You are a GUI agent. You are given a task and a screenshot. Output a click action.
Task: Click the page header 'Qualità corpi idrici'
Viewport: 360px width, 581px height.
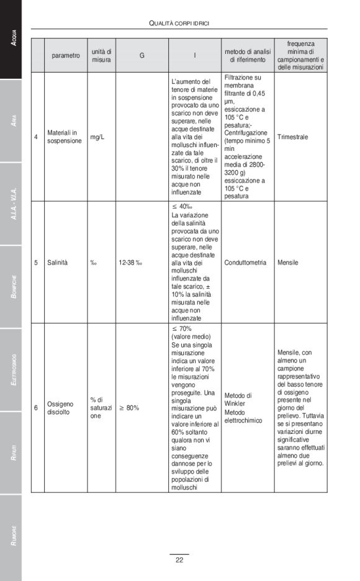(x=179, y=24)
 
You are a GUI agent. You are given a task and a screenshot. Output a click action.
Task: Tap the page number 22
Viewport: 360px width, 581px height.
(x=179, y=560)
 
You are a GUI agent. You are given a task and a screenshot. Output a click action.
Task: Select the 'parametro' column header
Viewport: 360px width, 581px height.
(x=66, y=55)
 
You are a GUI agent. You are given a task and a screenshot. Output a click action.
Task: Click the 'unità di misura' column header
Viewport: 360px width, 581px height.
(x=101, y=55)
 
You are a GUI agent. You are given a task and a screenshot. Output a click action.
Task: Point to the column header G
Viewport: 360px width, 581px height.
(x=142, y=55)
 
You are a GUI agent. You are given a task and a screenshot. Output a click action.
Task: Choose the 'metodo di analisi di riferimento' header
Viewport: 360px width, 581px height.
(x=247, y=55)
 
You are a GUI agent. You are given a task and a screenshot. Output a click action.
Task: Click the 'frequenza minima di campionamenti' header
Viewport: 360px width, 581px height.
(x=301, y=55)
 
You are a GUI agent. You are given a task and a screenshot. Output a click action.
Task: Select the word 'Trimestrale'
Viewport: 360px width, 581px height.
(x=293, y=137)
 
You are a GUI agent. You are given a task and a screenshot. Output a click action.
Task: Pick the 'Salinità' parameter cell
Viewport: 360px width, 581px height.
(x=58, y=263)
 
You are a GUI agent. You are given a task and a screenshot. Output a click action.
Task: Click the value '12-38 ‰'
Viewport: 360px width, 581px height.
(x=130, y=263)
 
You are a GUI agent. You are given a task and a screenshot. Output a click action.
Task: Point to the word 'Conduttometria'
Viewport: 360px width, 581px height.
(x=245, y=263)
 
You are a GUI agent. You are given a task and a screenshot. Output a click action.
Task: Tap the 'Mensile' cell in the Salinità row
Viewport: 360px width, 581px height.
(x=288, y=263)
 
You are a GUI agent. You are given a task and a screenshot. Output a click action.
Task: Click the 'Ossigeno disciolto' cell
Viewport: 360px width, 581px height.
(x=61, y=408)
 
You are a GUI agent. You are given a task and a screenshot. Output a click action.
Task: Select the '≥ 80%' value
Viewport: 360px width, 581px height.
(x=129, y=408)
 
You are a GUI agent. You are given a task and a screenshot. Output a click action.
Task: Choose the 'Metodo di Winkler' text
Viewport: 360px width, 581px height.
(x=238, y=399)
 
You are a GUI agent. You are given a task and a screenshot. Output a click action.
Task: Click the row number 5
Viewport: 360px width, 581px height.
(x=36, y=263)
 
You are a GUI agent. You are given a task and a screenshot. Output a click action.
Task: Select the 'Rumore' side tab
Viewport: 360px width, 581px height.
(x=11, y=537)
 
